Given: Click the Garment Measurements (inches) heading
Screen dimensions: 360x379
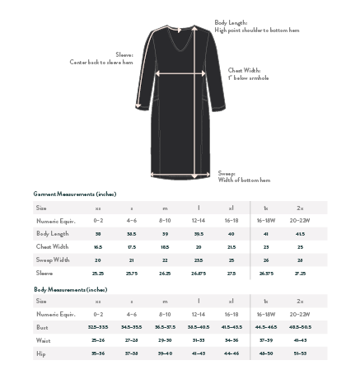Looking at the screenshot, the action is tap(75, 194).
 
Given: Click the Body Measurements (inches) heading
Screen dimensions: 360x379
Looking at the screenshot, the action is tap(71, 289).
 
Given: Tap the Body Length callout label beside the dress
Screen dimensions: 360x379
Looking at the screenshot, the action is tap(256, 26).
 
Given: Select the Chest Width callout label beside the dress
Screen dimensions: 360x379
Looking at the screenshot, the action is tap(248, 74).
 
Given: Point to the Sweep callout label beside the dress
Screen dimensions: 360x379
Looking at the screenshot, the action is tap(243, 177).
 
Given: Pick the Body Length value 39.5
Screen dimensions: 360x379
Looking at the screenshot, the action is tap(199, 234).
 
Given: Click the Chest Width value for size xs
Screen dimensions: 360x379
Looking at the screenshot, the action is tap(98, 246).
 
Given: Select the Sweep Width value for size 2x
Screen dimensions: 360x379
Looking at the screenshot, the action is tap(300, 260).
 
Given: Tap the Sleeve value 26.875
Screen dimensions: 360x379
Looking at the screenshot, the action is tap(199, 273).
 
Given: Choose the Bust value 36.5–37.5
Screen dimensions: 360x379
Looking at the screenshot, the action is tap(165, 327).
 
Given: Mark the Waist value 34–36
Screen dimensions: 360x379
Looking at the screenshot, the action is tap(231, 340).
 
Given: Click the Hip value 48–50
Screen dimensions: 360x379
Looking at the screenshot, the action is tap(265, 353).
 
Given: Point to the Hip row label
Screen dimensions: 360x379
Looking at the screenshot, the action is tap(41, 353).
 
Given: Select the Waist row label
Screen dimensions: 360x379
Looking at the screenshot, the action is tap(44, 340).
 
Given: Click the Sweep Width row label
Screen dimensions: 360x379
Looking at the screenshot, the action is tap(53, 260).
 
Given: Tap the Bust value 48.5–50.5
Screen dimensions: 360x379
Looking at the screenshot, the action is tap(300, 327).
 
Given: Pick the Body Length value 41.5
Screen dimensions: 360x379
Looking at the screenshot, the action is tap(300, 234).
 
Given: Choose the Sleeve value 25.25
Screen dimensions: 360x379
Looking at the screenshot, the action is tap(98, 273).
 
